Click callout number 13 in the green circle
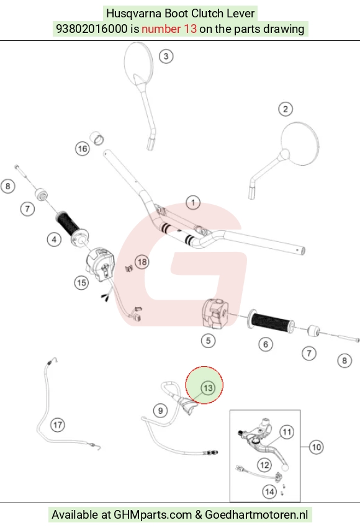coord(208,388)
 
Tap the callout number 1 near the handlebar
coord(193,203)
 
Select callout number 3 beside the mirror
coord(166,56)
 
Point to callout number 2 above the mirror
coord(286,109)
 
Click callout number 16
coord(83,149)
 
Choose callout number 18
coord(142,262)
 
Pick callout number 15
coord(81,282)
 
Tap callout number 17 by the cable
coord(58,425)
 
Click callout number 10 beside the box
coord(316,447)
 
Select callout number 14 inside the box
coord(269,492)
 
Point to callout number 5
coord(208,341)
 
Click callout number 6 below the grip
coord(266,344)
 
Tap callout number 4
coord(54,239)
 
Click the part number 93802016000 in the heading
coord(92,29)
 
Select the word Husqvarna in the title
coord(133,14)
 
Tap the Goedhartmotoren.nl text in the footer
coord(256,515)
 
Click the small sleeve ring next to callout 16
coord(97,138)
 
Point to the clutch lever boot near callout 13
coord(186,405)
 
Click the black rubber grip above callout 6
coord(271,323)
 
